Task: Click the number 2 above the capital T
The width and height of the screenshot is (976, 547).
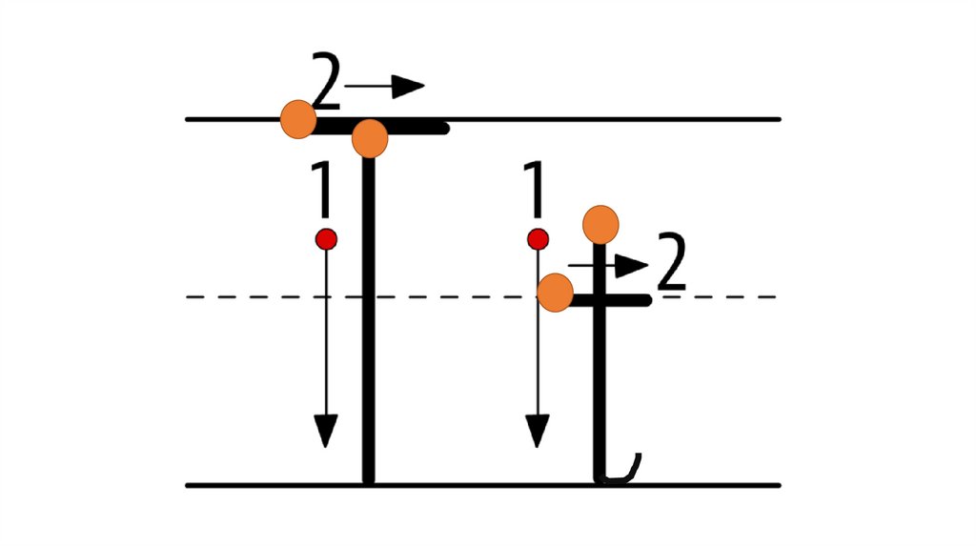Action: coord(326,84)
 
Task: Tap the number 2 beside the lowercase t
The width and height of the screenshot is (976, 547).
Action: coord(671,266)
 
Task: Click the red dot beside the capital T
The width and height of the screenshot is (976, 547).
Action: coord(326,238)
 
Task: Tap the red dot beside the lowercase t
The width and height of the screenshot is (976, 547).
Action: coord(538,238)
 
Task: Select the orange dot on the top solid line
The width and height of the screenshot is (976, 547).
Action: coord(298,119)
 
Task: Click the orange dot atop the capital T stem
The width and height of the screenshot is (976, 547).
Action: coord(370,139)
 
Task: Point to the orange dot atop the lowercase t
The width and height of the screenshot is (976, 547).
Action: coord(600,224)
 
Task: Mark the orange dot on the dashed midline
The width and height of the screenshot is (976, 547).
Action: coord(555,293)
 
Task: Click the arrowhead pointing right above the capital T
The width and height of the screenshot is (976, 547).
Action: coord(408,87)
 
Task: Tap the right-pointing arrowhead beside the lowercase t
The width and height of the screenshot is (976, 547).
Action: coord(631,266)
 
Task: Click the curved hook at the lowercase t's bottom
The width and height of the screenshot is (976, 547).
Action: coord(621,472)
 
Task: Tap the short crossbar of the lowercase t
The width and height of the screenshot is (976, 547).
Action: coord(624,300)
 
